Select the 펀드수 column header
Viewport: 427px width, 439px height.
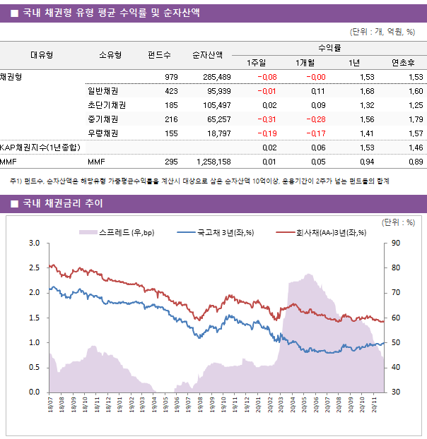(160, 55)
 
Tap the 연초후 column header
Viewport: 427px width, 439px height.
(402, 62)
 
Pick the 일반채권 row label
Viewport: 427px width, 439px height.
(103, 91)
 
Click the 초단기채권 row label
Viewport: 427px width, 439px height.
(107, 105)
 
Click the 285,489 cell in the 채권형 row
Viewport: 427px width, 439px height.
(216, 77)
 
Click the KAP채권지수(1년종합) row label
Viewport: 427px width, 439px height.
(40, 148)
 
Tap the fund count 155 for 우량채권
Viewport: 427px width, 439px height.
(171, 133)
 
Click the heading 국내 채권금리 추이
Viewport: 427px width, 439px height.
(63, 204)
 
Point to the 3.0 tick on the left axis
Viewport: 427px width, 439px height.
(34, 243)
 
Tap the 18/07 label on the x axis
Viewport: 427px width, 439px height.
(50, 408)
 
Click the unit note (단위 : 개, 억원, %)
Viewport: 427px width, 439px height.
(382, 31)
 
